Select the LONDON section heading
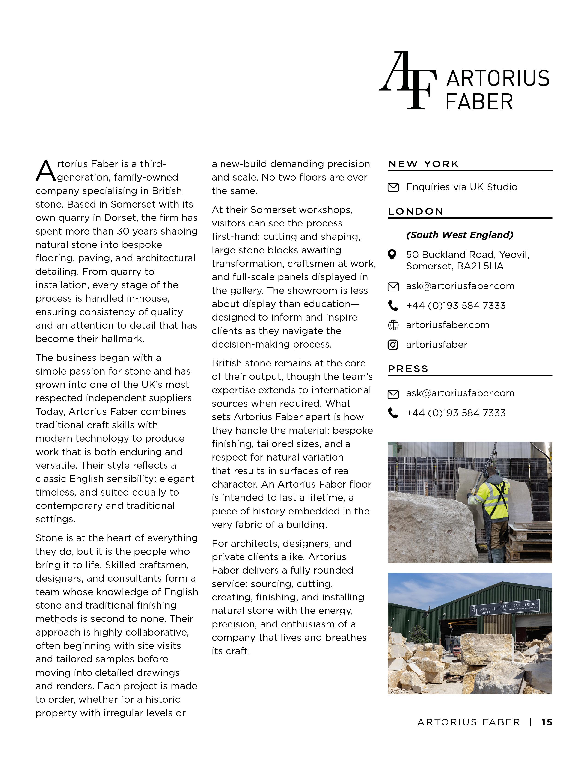pyautogui.click(x=416, y=211)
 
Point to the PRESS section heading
pyautogui.click(x=408, y=369)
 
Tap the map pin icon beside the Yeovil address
pyautogui.click(x=392, y=255)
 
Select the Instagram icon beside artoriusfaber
pyautogui.click(x=393, y=345)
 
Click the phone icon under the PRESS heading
pyautogui.click(x=393, y=413)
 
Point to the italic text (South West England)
pyautogui.click(x=460, y=235)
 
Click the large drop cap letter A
pyautogui.click(x=45, y=171)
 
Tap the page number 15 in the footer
pyautogui.click(x=546, y=722)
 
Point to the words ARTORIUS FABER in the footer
pyautogui.click(x=469, y=722)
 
